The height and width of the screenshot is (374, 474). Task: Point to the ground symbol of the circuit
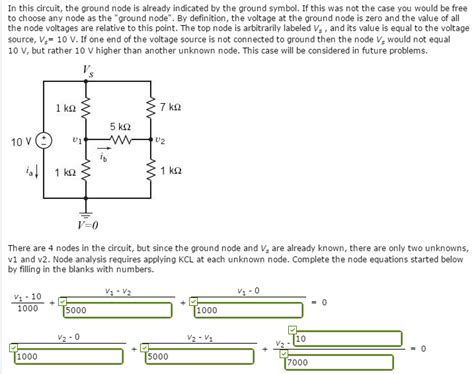coord(85,213)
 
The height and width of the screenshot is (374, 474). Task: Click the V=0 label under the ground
coord(87,226)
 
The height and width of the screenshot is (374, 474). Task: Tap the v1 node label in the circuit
coord(65,140)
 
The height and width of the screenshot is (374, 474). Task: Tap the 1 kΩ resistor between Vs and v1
coord(85,106)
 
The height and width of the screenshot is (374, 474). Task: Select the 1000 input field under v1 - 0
coord(245,310)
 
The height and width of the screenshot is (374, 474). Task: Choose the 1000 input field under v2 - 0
coord(68,355)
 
